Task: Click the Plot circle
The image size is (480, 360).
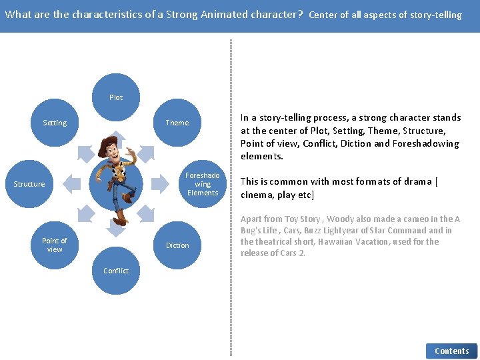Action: click(x=116, y=97)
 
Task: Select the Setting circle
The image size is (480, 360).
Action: click(x=55, y=123)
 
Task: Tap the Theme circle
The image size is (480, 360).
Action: click(x=177, y=123)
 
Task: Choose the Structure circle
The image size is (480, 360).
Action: click(x=29, y=184)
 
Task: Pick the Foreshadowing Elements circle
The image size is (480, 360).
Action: click(x=203, y=184)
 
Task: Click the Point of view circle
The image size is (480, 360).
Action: click(x=55, y=245)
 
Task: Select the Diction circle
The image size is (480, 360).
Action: click(x=177, y=245)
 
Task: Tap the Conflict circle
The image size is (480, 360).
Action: click(x=116, y=271)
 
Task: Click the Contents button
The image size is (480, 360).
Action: click(x=451, y=351)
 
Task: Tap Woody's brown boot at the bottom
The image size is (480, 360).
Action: click(x=120, y=219)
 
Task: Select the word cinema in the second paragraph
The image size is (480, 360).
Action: click(x=257, y=195)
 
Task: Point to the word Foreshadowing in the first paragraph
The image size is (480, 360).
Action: click(x=426, y=143)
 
